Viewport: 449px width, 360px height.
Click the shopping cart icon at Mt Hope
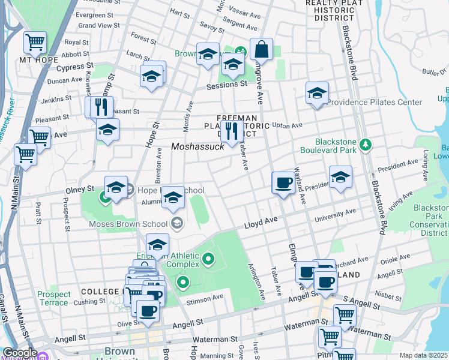coord(35,43)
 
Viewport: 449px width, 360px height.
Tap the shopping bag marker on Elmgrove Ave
coord(262,49)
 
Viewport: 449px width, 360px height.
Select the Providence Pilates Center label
coord(375,102)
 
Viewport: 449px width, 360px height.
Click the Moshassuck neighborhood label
coord(197,146)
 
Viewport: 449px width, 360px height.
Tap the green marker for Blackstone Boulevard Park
coord(365,145)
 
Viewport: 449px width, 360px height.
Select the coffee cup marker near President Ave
coord(283,182)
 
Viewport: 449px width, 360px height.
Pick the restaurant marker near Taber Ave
coord(232,131)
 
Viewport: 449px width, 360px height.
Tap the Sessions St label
coord(227,85)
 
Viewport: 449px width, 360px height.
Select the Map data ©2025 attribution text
coord(423,355)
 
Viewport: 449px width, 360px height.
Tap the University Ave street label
coord(335,214)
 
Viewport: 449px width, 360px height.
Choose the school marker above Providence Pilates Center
coord(317,93)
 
